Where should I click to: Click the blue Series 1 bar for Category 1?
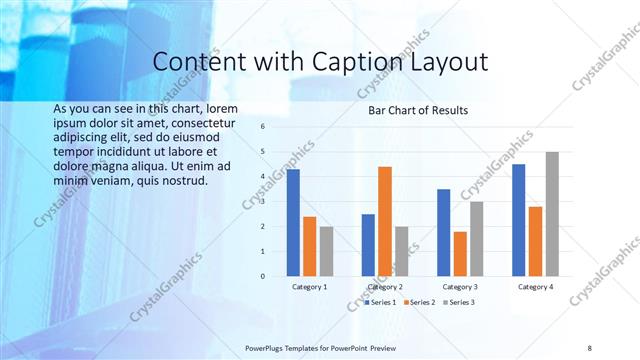click(293, 223)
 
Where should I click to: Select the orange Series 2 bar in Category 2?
click(385, 221)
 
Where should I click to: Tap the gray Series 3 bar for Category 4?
click(552, 214)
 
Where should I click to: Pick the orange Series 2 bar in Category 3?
click(460, 254)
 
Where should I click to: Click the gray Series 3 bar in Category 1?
click(326, 251)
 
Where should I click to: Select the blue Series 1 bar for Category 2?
click(368, 245)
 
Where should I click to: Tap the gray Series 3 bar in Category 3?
click(477, 239)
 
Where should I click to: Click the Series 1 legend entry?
click(381, 301)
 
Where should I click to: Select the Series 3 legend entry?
click(458, 301)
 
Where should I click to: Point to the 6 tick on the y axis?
click(262, 127)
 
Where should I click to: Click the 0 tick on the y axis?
click(262, 276)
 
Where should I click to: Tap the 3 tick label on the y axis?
click(262, 202)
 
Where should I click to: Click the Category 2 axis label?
click(385, 287)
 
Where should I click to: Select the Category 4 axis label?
click(535, 287)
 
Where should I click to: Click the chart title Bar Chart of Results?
click(418, 110)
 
